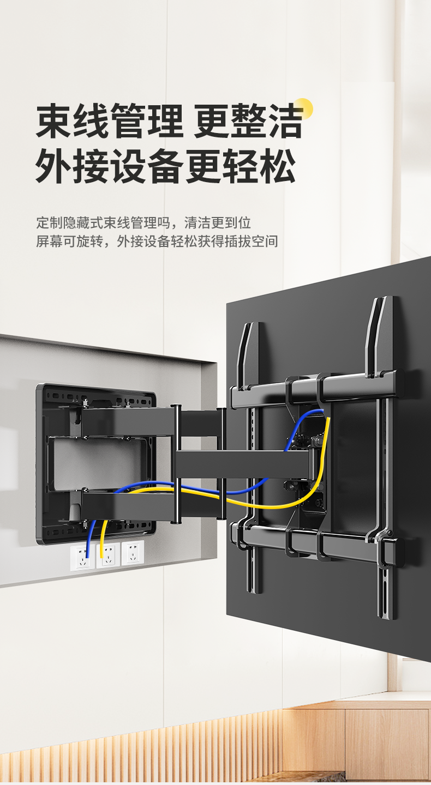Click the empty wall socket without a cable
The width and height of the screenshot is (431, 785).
click(x=133, y=554)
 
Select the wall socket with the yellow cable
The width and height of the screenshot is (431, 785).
click(x=107, y=555)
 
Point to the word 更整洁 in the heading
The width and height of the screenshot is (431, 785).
click(x=248, y=122)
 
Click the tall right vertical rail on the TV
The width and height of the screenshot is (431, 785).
click(x=386, y=458)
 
